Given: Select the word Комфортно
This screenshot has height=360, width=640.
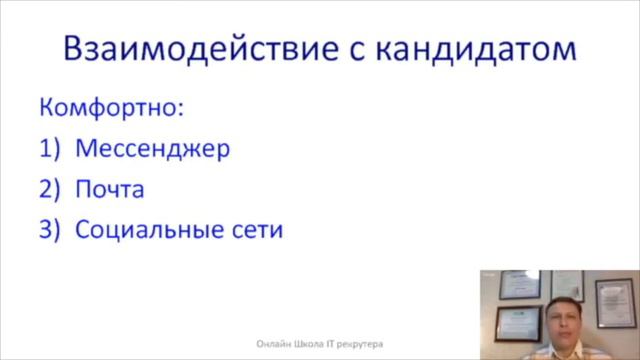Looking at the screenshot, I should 112,106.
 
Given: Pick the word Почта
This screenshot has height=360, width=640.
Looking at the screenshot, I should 109,189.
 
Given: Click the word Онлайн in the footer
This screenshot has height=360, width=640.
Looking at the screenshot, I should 273,339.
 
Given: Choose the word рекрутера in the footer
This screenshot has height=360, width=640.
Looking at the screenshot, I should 363,339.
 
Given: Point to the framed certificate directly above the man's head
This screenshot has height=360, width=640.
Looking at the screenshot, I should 567,284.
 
